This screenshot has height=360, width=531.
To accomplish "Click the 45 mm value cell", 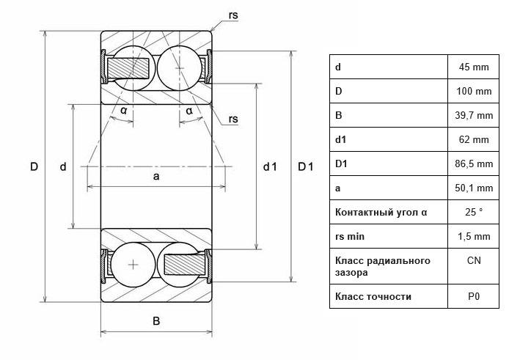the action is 474,67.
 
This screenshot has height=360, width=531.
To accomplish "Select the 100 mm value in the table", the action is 474,91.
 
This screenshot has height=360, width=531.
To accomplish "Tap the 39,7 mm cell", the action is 474,116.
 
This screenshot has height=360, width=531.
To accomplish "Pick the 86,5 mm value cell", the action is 474,164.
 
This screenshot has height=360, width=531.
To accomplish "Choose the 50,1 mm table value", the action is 474,188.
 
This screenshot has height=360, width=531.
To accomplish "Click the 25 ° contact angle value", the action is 474,213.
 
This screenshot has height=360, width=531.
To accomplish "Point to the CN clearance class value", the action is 474,261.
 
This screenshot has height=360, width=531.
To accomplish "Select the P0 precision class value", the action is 474,297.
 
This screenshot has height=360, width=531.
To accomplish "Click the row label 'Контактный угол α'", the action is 381,213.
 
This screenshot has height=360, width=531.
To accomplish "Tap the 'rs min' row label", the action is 350,236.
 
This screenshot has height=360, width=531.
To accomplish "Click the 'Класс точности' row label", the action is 373,297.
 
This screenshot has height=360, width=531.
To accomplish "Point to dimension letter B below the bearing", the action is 156,321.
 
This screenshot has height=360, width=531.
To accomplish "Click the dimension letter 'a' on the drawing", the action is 156,177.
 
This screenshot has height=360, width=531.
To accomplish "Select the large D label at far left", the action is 34,166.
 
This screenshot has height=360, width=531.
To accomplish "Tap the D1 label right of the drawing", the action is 305,166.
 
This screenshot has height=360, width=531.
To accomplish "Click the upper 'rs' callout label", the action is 233,15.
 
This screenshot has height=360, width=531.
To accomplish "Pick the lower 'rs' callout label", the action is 233,119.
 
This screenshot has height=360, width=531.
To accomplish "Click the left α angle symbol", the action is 124,111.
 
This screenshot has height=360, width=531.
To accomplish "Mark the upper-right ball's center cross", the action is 179,68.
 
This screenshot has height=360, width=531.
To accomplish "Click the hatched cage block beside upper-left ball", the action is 128,67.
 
